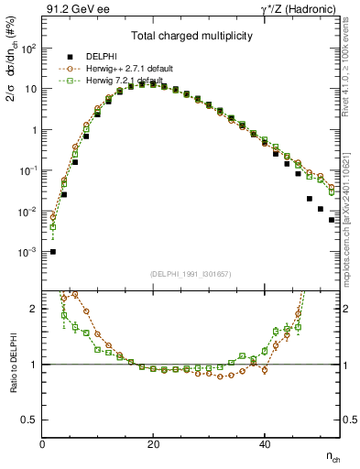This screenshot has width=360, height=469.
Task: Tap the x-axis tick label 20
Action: tap(154, 444)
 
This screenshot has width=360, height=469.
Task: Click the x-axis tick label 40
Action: tap(265, 444)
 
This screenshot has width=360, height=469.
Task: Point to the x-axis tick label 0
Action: tap(43, 444)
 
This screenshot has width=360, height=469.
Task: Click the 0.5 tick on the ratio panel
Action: tap(30, 420)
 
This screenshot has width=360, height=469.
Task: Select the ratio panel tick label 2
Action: tap(35, 309)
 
